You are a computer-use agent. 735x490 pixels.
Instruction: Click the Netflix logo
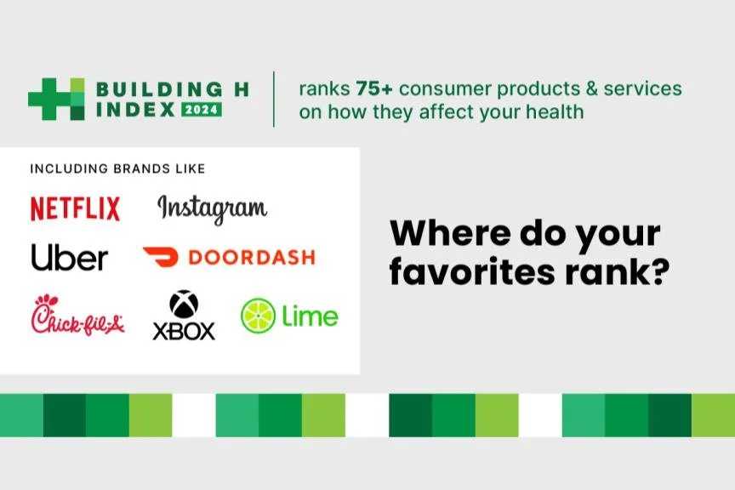click(x=75, y=208)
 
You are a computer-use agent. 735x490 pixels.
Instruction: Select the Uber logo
click(x=70, y=257)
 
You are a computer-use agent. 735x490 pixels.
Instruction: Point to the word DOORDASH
click(x=250, y=257)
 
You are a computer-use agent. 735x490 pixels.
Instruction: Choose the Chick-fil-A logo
click(x=78, y=316)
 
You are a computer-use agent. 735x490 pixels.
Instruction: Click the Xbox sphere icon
click(x=184, y=305)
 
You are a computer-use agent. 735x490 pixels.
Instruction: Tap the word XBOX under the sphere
click(x=184, y=330)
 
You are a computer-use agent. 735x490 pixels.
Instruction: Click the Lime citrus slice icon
click(x=258, y=316)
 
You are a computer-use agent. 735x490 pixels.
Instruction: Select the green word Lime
click(x=311, y=316)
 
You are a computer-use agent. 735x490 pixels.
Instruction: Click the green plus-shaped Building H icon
click(x=56, y=99)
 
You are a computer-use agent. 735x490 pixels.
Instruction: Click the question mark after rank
click(x=653, y=273)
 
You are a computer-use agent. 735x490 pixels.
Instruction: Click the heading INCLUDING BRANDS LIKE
click(x=117, y=168)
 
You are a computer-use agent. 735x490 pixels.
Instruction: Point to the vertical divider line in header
click(x=274, y=99)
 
